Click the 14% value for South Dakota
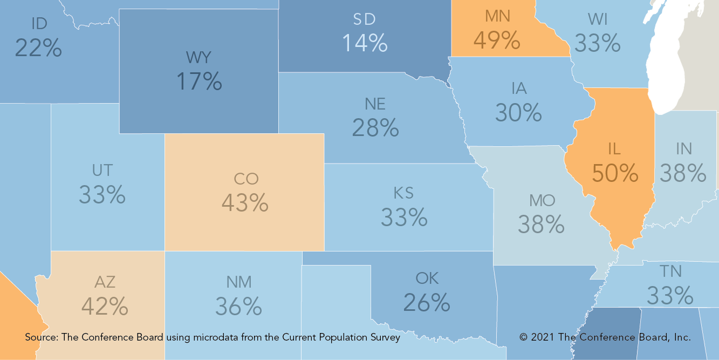[x=365, y=43]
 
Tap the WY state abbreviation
[x=198, y=57]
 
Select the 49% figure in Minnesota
[x=496, y=39]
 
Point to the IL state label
[x=614, y=148]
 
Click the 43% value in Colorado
[x=244, y=202]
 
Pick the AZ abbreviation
[x=105, y=282]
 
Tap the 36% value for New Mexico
[x=238, y=306]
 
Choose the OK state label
[x=427, y=279]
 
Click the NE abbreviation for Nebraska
[x=375, y=103]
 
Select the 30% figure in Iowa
[x=518, y=112]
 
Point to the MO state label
[x=542, y=201]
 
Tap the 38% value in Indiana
[x=683, y=173]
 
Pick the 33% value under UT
[x=102, y=194]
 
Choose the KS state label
[x=403, y=193]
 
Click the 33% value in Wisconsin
[x=597, y=43]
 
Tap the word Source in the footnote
[x=42, y=337]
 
